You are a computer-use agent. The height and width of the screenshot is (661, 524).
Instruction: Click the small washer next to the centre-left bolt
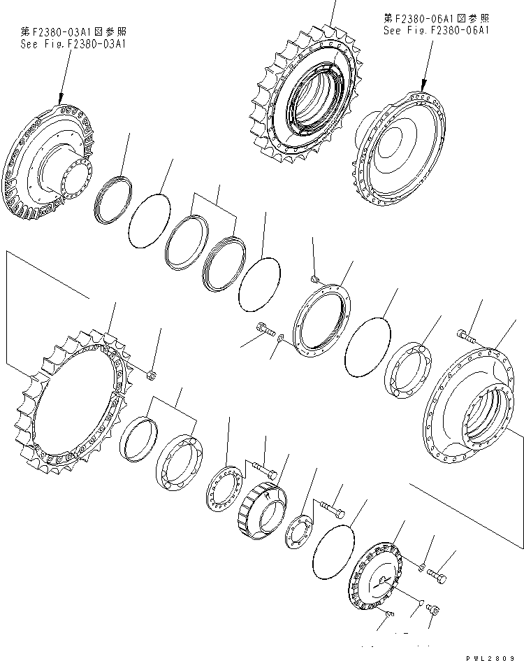[280, 339]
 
